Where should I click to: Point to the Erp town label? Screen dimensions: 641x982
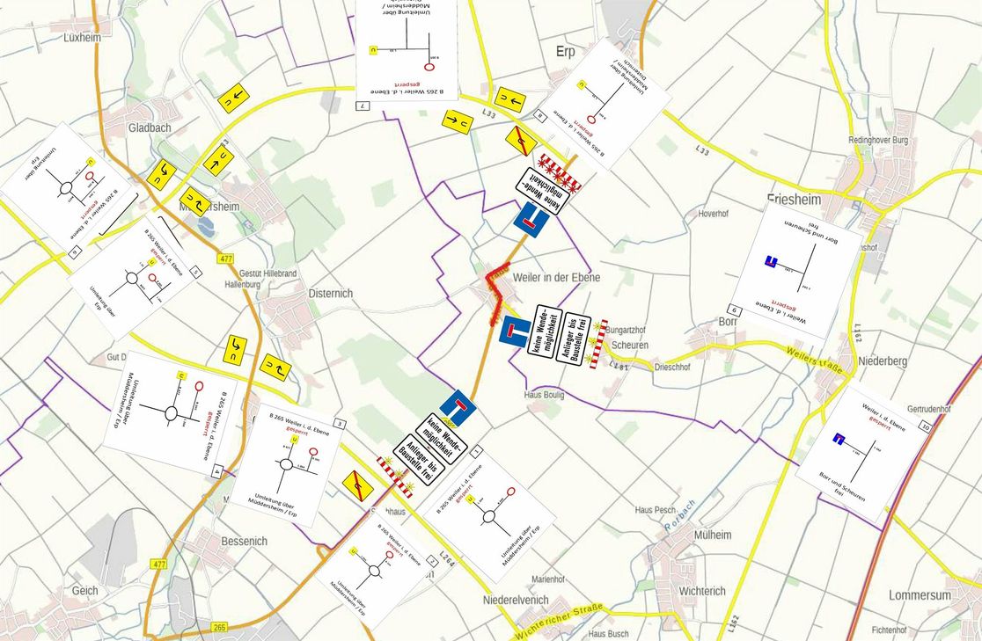565,51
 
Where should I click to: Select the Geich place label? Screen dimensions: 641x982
85,590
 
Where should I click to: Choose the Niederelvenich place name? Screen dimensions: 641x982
516,600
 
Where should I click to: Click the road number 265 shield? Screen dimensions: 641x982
219,627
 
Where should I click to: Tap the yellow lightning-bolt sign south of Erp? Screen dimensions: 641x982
521,141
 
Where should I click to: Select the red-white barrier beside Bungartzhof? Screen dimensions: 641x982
599,344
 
